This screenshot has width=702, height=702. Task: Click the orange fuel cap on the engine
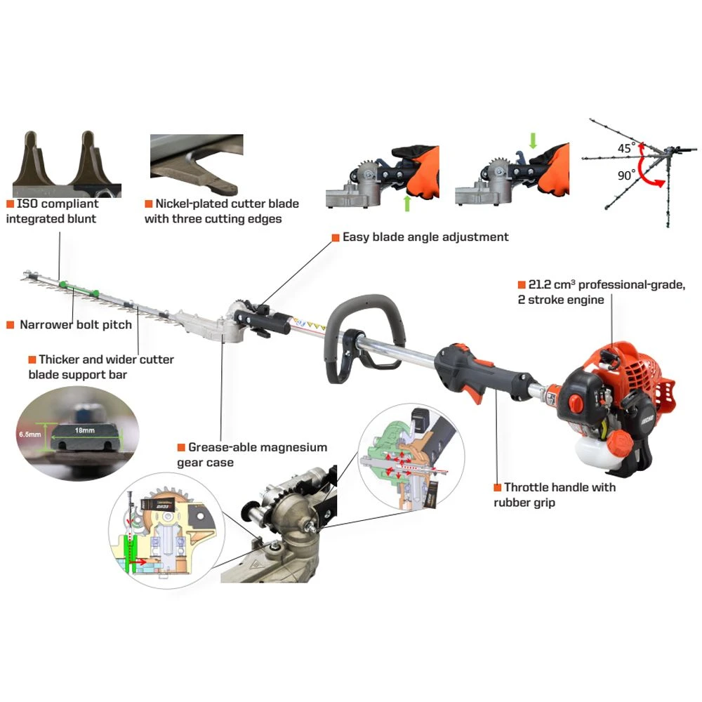622,443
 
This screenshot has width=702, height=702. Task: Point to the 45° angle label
626,147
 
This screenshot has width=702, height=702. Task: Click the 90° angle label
626,175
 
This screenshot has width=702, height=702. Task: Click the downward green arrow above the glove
532,140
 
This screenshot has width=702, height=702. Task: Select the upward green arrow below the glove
407,203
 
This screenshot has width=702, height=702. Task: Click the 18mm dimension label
85,430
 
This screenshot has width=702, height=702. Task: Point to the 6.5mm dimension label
29,435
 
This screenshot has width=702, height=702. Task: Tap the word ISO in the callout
27,204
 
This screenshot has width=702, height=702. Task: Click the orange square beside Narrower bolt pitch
11,324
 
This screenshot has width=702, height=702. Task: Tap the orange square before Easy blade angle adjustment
336,238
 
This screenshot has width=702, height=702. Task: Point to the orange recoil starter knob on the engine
576,402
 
